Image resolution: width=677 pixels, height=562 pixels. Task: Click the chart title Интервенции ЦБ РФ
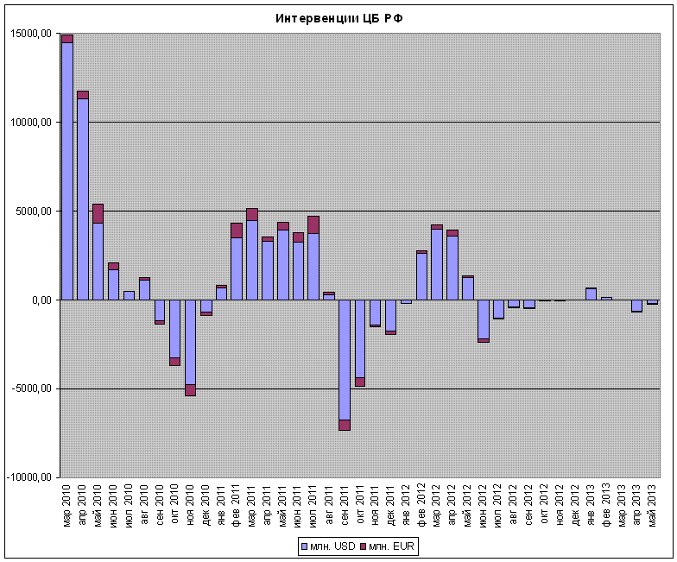tap(338, 18)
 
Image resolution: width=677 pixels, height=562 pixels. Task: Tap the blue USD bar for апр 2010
tap(82, 199)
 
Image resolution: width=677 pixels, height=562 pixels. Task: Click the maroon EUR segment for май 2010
tap(98, 213)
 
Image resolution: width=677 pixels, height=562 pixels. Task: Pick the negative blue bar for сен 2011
tap(345, 359)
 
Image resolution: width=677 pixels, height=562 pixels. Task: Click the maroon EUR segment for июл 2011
tap(313, 224)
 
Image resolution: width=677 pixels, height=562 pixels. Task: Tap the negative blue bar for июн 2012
tap(483, 319)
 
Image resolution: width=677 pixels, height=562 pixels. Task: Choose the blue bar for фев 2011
tap(237, 268)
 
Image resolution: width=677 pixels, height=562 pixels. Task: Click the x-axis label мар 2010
tap(67, 506)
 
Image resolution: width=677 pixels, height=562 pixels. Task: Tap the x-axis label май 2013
tap(653, 506)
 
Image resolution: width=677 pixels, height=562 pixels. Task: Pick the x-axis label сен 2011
tap(345, 506)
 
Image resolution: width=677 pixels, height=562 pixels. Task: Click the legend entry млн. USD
tap(326, 547)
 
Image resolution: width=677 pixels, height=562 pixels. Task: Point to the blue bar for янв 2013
tap(591, 294)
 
